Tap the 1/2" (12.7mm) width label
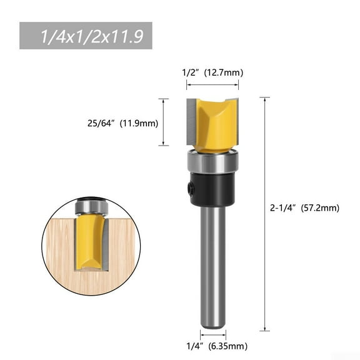tap(212, 73)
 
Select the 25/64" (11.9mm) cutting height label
tap(122, 122)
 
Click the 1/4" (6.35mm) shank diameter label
tap(212, 346)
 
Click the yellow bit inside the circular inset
tap(90, 241)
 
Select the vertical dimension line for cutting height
tap(163, 122)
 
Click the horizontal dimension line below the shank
tap(212, 330)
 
